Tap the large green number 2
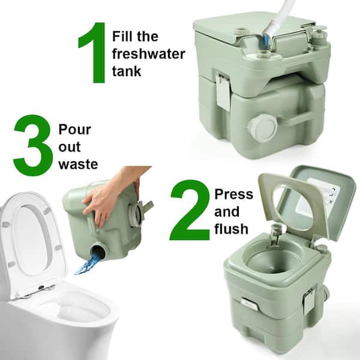(x=190, y=210)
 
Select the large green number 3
(x=33, y=145)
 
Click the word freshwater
(x=149, y=54)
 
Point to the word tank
(x=127, y=71)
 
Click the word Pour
(x=75, y=130)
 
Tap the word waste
(x=78, y=164)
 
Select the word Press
(x=234, y=194)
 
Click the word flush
(x=231, y=229)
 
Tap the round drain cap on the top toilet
(x=262, y=127)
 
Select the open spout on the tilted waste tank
(x=98, y=251)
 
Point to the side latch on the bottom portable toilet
(x=308, y=304)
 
